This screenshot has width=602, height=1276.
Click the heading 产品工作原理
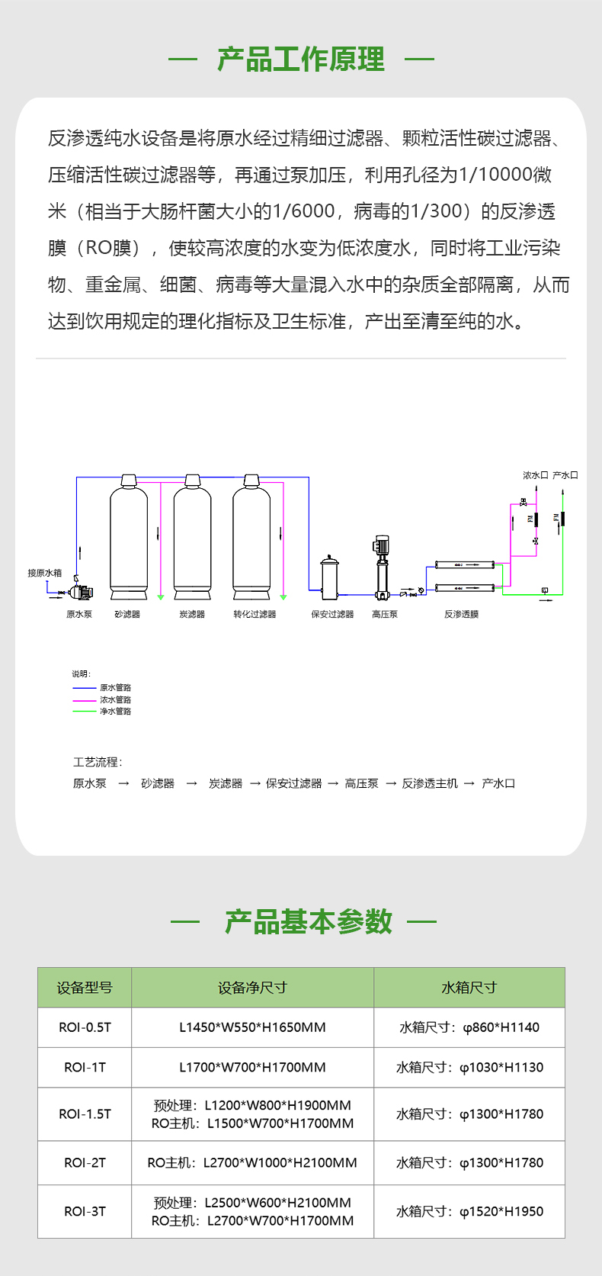pos(301,59)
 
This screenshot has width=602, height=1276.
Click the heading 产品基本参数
pos(308,922)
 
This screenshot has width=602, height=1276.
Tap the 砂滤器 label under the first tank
pos(127,614)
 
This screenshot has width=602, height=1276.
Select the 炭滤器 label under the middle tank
pos(192,614)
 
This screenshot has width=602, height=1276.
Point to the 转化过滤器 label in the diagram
pos(255,614)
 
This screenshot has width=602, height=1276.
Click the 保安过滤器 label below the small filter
pos(332,614)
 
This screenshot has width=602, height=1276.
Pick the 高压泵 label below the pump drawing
pos(384,614)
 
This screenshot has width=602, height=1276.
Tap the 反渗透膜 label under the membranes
pos(461,614)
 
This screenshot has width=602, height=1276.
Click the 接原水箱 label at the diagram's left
pos(45,573)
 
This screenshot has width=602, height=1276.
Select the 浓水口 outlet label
pos(535,475)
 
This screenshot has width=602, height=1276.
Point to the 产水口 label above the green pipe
pos(565,475)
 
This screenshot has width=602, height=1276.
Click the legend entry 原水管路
pos(115,687)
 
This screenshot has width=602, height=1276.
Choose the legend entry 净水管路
pos(115,711)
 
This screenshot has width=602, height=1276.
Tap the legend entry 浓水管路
pos(115,699)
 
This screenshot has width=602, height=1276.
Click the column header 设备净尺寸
pos(252,988)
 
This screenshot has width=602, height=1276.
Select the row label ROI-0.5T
pos(85,1027)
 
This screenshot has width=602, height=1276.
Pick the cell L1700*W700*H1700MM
pos(252,1067)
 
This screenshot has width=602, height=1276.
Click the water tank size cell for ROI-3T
pos(469,1211)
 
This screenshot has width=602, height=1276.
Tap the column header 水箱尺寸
pos(469,988)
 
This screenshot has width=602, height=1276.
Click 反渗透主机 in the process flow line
pos(430,783)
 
